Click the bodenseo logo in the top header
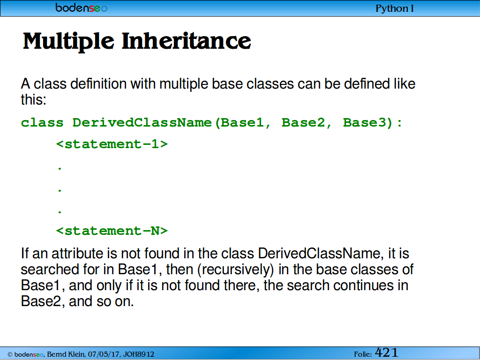click(81, 7)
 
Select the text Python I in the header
click(395, 8)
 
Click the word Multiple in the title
click(68, 41)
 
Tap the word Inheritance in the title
click(186, 41)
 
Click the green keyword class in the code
click(42, 123)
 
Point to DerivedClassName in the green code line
click(142, 123)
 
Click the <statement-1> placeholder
click(112, 144)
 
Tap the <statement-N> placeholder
click(112, 231)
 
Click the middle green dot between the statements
click(60, 190)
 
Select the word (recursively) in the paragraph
click(235, 270)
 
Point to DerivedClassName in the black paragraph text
click(319, 254)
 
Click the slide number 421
click(386, 352)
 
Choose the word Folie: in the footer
click(363, 354)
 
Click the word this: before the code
click(33, 99)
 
